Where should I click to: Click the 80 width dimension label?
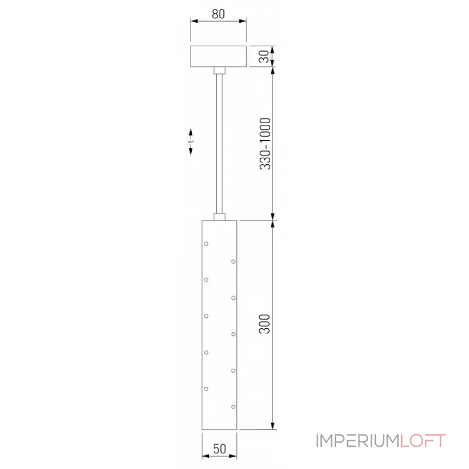pos(218,13)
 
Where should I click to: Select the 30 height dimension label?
pos(264,56)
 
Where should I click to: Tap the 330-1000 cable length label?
pos(265,144)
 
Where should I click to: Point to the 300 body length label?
pos(264,324)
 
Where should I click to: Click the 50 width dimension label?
pos(219,448)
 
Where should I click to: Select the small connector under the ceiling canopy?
pos(219,70)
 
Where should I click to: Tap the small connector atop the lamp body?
pos(219,217)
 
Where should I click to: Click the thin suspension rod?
pos(219,144)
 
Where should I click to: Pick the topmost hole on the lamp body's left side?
pos(206,243)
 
